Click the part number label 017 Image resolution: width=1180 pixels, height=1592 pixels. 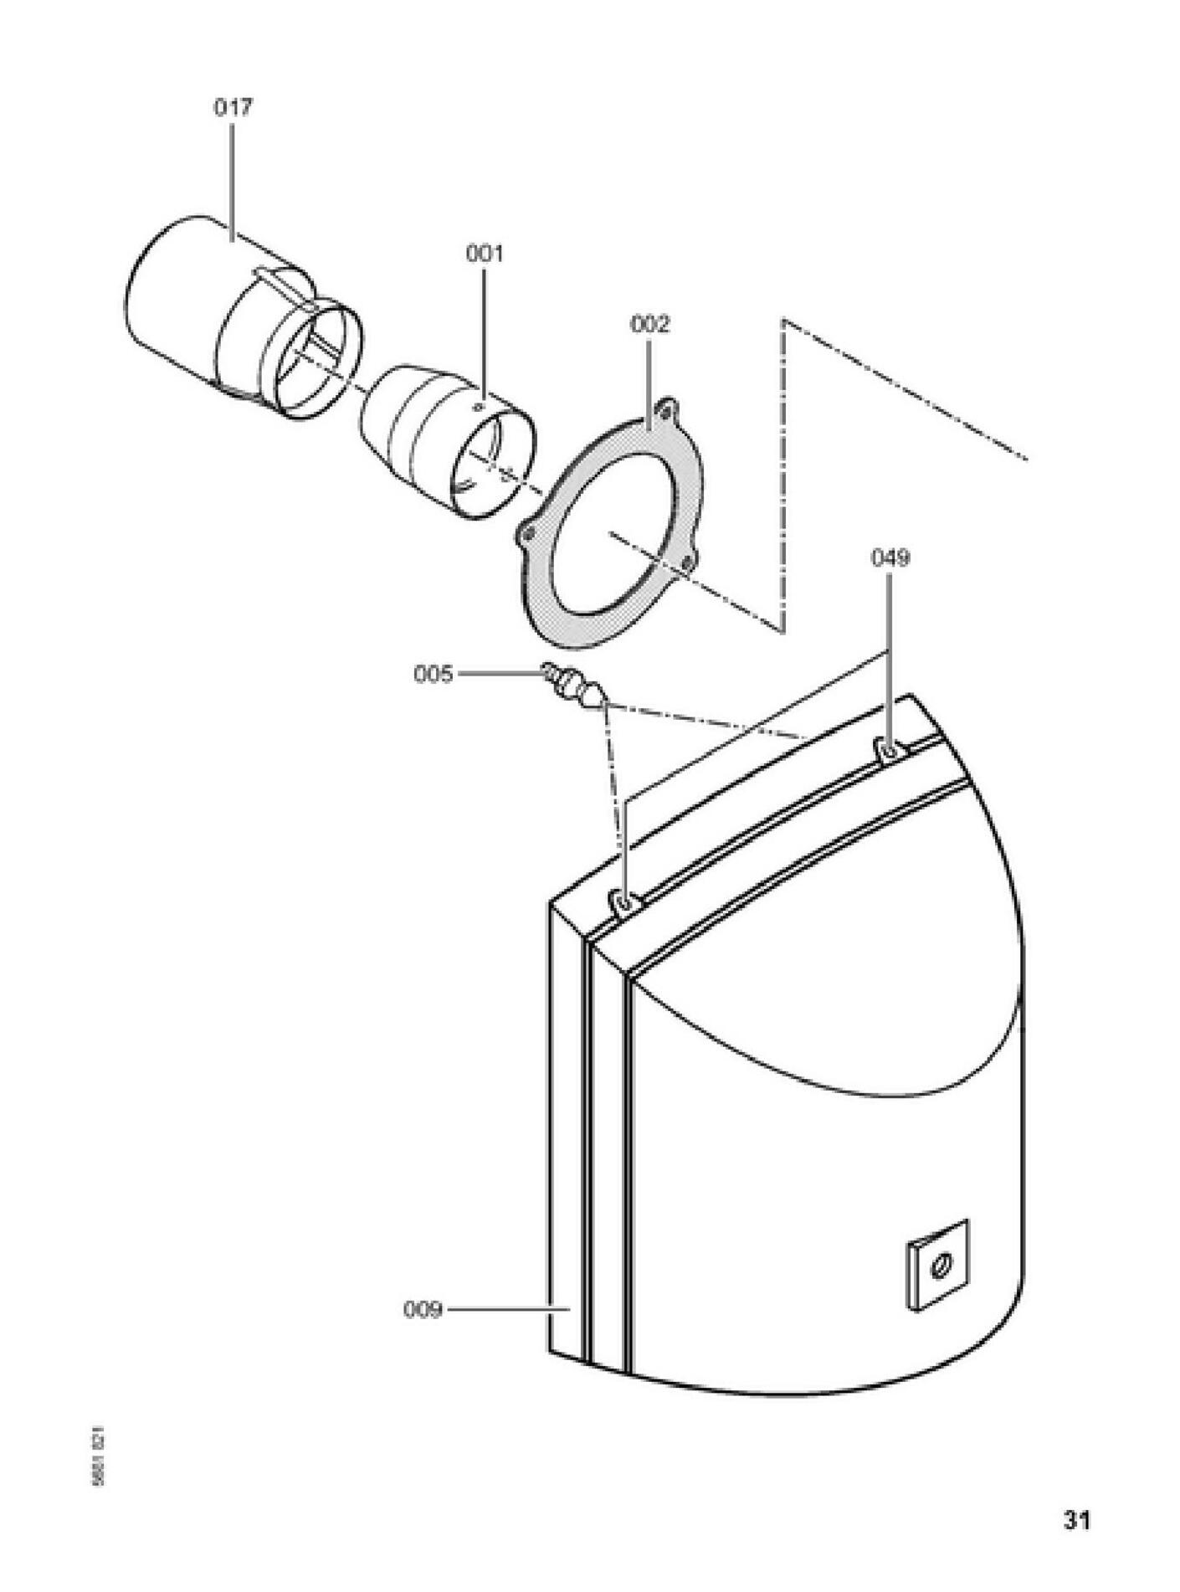tap(233, 107)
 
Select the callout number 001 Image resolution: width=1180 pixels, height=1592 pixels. tap(485, 253)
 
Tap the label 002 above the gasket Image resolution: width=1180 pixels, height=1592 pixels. tap(649, 324)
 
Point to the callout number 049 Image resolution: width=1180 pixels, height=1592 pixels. tap(890, 557)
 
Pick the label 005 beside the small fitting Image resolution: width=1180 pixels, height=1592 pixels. tap(433, 674)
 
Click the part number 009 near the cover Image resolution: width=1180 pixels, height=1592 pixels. tap(423, 1309)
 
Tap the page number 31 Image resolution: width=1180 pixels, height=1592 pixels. tap(1077, 1519)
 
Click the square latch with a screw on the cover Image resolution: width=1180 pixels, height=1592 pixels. tap(938, 1265)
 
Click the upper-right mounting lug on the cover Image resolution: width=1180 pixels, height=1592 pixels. tap(889, 748)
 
